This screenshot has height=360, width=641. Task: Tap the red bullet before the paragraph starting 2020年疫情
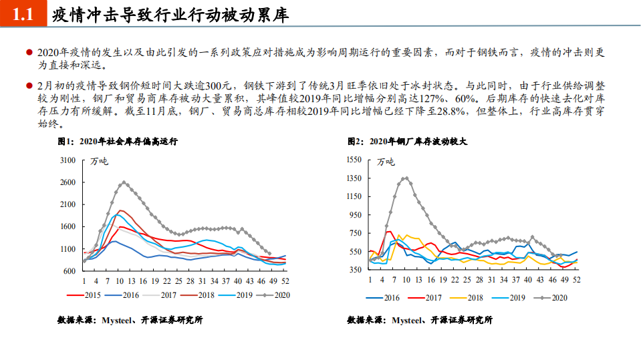point(29,53)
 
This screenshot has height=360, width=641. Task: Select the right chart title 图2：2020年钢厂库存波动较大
point(407,142)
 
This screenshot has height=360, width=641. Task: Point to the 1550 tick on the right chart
point(354,160)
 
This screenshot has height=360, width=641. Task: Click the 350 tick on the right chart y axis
point(356,270)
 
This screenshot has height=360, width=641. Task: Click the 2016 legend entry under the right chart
point(385,298)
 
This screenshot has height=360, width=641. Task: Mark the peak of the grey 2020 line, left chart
point(124,182)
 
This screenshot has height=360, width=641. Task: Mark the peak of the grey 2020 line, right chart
point(405,178)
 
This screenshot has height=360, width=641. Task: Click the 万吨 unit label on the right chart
point(386,162)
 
